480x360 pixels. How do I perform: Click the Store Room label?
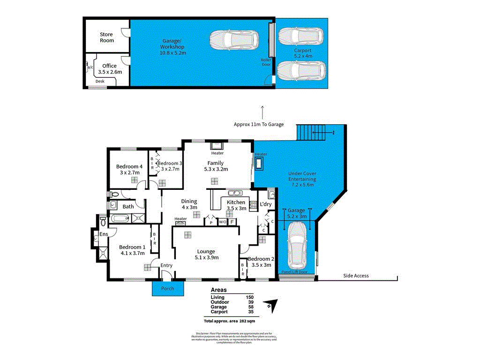[106, 37]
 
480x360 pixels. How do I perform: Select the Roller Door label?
[266, 62]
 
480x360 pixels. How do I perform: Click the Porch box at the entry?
[168, 289]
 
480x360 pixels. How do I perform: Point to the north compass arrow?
[269, 305]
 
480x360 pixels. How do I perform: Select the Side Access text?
[356, 276]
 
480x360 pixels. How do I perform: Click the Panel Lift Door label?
[294, 272]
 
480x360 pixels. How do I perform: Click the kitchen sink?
[233, 193]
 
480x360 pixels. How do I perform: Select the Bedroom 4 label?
[129, 166]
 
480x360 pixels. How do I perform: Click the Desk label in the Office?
[100, 82]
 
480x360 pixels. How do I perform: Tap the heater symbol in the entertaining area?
[261, 163]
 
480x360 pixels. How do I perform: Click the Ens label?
[103, 234]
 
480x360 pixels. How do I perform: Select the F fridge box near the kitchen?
[232, 222]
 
